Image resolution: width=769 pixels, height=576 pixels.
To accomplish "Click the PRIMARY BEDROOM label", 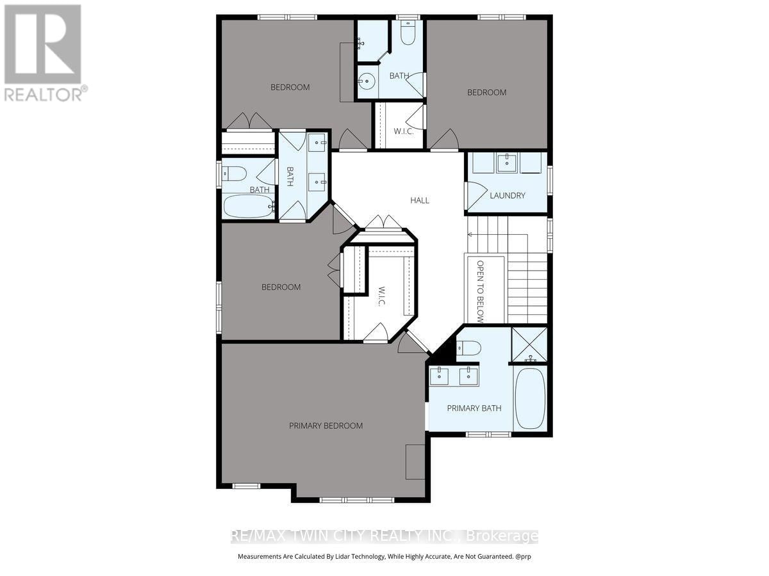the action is pyautogui.click(x=326, y=426).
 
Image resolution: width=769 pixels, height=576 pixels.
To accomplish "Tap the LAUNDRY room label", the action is pyautogui.click(x=508, y=195).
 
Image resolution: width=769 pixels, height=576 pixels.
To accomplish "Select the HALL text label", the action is pyautogui.click(x=420, y=200).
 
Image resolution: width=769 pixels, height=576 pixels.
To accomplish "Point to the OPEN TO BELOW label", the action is pyautogui.click(x=481, y=292).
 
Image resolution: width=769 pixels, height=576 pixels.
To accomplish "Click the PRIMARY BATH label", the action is pyautogui.click(x=474, y=408).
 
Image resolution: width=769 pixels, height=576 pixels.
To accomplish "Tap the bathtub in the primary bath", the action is pyautogui.click(x=531, y=398).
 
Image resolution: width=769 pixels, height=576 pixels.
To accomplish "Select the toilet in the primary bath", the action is pyautogui.click(x=468, y=348).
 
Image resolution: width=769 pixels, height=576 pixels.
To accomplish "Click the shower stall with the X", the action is pyautogui.click(x=529, y=345).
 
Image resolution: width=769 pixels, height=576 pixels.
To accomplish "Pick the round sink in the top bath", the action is pyautogui.click(x=367, y=81).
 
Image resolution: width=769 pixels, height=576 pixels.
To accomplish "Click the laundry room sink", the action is pyautogui.click(x=507, y=163).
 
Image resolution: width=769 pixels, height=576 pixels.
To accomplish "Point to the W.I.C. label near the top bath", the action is pyautogui.click(x=404, y=131).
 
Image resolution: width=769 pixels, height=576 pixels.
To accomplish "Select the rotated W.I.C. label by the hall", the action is pyautogui.click(x=382, y=296).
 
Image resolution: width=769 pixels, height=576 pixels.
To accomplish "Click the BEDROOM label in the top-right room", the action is pyautogui.click(x=486, y=92).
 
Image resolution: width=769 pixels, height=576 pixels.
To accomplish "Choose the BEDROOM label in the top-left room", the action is pyautogui.click(x=290, y=87).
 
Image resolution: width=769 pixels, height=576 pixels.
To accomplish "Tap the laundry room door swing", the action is pyautogui.click(x=477, y=195).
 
